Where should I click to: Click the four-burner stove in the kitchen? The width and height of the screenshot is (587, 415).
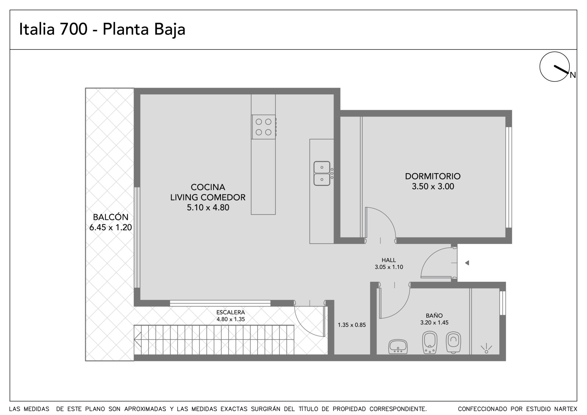(x=263, y=127)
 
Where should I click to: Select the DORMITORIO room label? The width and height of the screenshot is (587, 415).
(x=433, y=176)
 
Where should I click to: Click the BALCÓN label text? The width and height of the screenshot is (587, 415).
(x=110, y=217)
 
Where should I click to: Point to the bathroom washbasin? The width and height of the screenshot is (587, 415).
(x=398, y=347)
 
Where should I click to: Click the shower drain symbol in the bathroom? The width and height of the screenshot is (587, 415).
(x=486, y=349)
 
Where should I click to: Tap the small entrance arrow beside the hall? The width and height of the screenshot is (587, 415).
(x=467, y=263)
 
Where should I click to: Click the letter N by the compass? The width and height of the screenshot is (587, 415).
(x=573, y=75)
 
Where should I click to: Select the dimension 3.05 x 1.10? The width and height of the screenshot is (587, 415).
(x=389, y=267)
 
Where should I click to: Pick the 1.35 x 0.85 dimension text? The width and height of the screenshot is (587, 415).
(x=352, y=325)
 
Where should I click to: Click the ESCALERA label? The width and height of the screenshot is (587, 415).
(x=231, y=312)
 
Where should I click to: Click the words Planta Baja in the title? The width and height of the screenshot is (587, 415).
(x=144, y=29)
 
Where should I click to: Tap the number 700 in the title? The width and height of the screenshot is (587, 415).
(x=74, y=29)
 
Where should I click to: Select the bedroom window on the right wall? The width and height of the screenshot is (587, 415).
(x=508, y=178)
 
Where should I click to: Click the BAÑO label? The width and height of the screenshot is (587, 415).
(x=434, y=316)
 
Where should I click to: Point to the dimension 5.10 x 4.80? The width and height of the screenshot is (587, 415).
(x=208, y=207)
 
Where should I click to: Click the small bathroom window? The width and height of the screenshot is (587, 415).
(x=502, y=303)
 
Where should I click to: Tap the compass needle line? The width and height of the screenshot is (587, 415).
(x=561, y=69)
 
